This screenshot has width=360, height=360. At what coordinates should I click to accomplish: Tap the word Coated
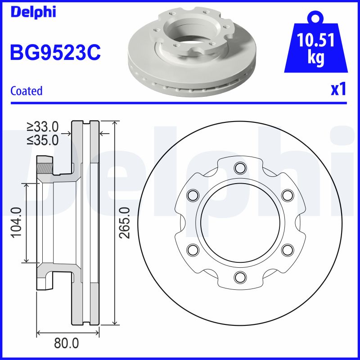[26, 90]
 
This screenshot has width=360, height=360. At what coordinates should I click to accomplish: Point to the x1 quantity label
[338, 90]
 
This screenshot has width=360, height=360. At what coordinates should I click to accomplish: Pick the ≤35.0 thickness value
[43, 140]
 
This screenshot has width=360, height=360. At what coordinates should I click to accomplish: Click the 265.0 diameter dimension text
[126, 222]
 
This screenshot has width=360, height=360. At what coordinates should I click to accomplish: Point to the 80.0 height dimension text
[66, 343]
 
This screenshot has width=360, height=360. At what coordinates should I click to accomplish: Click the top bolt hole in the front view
[239, 168]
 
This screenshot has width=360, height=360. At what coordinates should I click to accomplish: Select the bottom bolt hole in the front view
[239, 276]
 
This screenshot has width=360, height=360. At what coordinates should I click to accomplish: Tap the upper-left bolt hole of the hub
[193, 195]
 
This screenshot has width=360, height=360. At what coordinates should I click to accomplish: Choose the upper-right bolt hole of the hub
[286, 195]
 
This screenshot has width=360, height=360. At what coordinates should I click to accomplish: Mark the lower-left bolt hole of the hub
[193, 249]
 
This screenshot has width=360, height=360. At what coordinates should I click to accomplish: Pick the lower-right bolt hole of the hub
[286, 249]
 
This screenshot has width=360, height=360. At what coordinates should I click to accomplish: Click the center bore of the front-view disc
[239, 222]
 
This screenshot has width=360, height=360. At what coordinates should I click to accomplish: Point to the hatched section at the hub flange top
[44, 165]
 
